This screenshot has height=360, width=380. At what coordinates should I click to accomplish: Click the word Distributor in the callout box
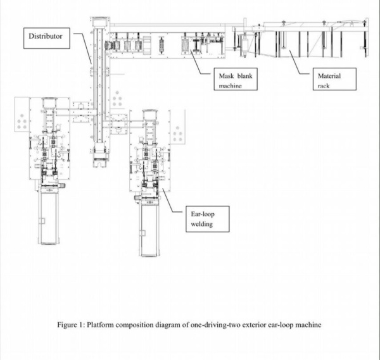point(46,37)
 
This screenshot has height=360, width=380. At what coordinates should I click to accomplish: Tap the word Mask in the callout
point(221,75)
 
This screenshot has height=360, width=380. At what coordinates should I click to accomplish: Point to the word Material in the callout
point(329,75)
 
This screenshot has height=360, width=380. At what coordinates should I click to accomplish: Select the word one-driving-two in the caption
point(215,325)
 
